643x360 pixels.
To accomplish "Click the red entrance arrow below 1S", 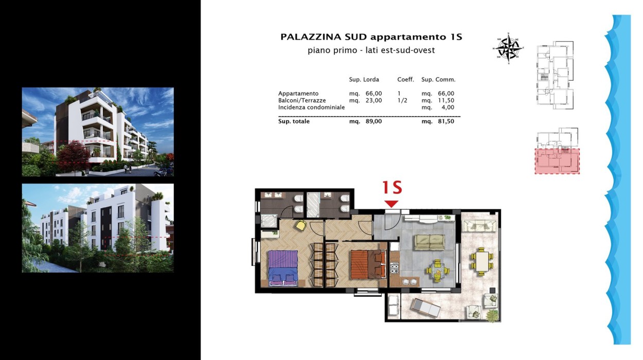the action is click(x=391, y=204).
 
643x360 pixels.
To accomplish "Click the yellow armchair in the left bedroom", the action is click(x=301, y=225).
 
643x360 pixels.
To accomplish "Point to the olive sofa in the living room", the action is click(x=430, y=242).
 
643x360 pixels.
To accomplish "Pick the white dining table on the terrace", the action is click(x=482, y=261).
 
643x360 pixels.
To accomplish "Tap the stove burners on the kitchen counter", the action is click(x=395, y=268).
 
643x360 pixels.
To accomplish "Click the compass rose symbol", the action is click(x=508, y=48).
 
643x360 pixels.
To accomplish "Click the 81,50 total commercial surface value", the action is click(x=446, y=121).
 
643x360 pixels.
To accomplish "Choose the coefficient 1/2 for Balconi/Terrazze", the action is click(x=402, y=100).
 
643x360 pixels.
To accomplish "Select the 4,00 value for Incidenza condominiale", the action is click(x=448, y=107).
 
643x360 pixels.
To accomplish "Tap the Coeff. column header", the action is click(x=406, y=80).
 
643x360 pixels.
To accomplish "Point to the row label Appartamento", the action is click(x=298, y=94).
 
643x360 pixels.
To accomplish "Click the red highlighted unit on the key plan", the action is click(x=557, y=161).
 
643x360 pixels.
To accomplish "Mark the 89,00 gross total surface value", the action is click(x=374, y=121).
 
